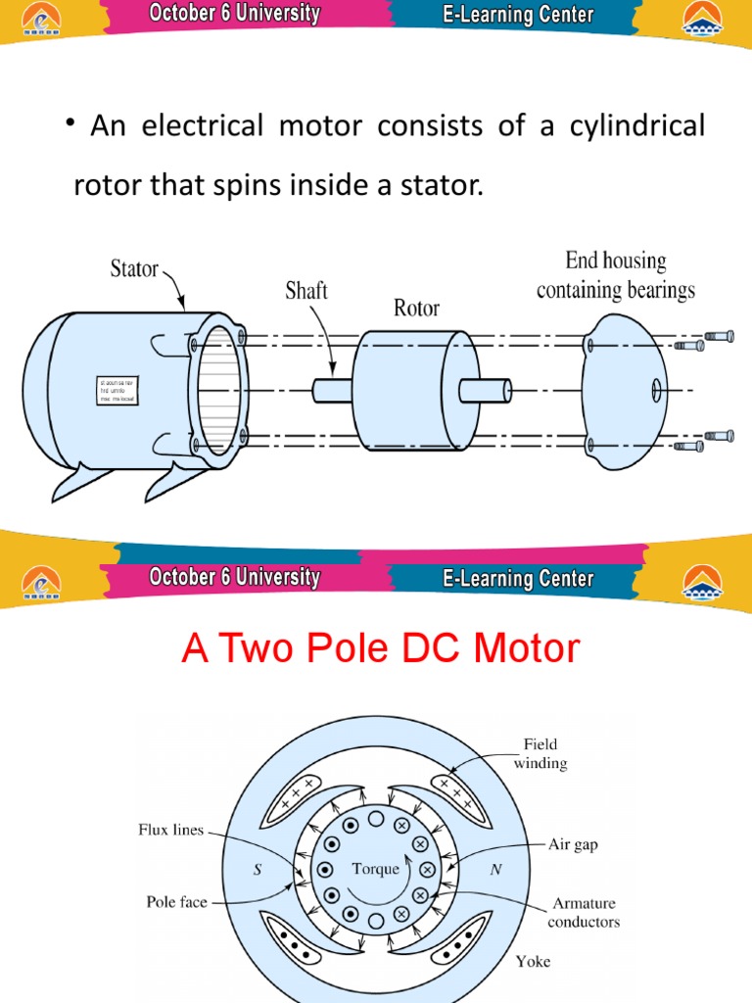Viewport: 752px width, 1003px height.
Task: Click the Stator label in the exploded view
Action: coord(135,268)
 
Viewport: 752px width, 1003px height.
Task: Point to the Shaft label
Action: coord(305,291)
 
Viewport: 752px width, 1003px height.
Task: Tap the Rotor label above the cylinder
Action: coord(416,309)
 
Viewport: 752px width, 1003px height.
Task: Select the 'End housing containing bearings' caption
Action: coord(616,275)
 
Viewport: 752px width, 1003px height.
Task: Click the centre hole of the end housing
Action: coord(656,391)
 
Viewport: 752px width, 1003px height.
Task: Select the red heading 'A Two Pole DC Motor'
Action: coord(381,648)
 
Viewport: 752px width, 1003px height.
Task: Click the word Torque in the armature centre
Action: coord(376,869)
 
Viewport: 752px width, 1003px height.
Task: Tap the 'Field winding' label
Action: coord(540,754)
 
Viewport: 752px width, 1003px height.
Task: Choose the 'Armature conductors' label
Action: coord(584,912)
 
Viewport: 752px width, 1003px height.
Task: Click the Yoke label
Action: coord(535,962)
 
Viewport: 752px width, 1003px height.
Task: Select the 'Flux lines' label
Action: coord(169,830)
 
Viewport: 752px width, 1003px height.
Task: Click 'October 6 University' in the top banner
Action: coord(234,14)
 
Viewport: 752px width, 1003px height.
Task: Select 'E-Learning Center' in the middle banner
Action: coord(518,578)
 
